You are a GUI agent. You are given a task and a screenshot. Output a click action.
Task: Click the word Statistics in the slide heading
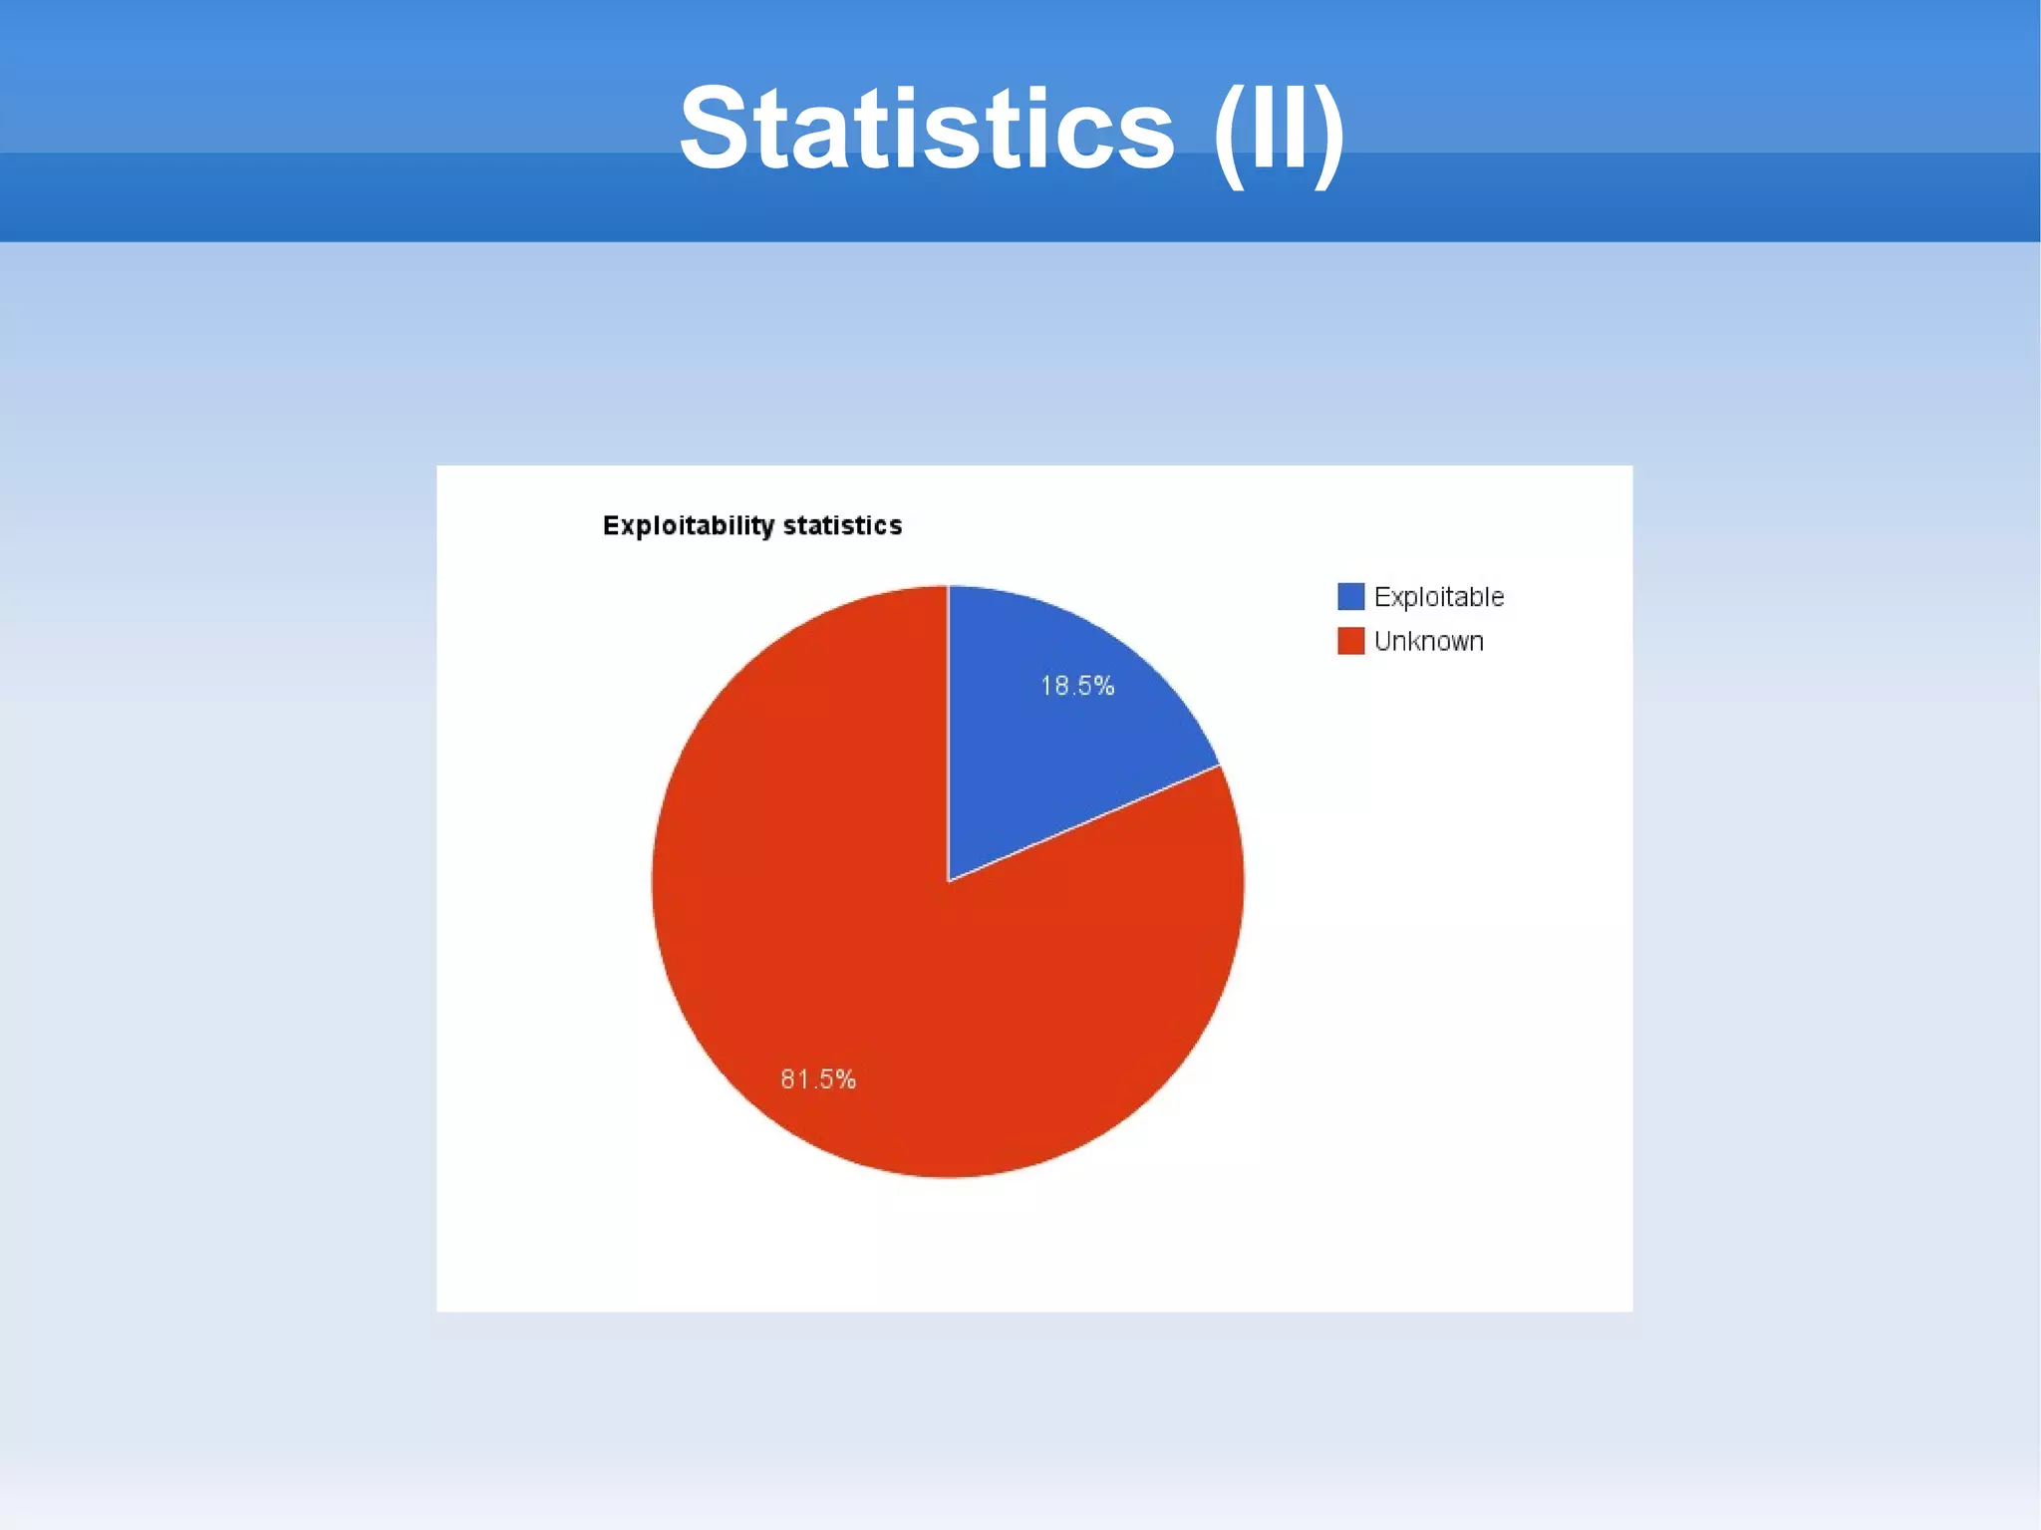click(x=927, y=130)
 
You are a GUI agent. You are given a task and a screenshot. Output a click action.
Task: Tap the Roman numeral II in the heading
click(x=1278, y=130)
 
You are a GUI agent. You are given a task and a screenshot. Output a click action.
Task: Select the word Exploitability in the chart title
click(x=688, y=525)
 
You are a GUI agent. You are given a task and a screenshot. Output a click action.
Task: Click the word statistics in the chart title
click(x=842, y=525)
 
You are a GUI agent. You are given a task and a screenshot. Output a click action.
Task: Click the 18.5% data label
click(x=1077, y=686)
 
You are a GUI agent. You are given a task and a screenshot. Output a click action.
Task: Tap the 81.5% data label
click(x=818, y=1078)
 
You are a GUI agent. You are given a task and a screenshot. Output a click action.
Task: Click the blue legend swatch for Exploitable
click(x=1350, y=596)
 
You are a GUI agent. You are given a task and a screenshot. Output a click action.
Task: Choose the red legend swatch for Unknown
click(x=1350, y=641)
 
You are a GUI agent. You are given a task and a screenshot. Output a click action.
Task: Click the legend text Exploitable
click(x=1438, y=597)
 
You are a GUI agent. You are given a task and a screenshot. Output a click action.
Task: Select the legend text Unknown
click(x=1428, y=641)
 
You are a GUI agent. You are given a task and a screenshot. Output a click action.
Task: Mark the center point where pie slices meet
click(x=948, y=881)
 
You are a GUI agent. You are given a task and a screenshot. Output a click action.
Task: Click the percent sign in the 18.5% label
click(x=1103, y=686)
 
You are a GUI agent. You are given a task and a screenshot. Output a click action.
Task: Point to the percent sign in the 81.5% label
click(x=845, y=1078)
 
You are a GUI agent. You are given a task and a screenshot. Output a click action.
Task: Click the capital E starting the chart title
click(x=610, y=525)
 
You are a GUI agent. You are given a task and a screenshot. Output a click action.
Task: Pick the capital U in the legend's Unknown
click(x=1383, y=641)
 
